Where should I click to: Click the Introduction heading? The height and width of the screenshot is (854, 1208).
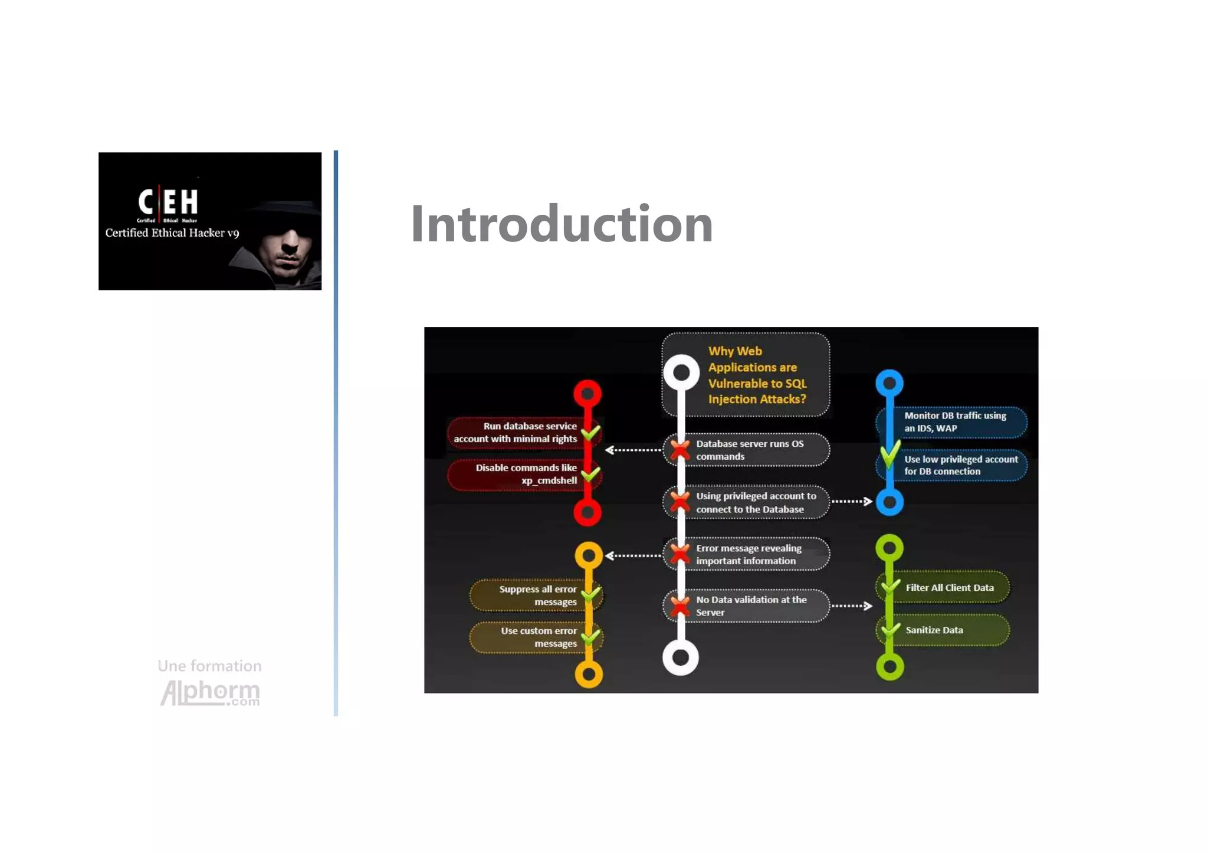(x=562, y=224)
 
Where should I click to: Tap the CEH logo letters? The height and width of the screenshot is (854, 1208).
(x=168, y=202)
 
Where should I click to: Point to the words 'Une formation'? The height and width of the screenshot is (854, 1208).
(x=209, y=666)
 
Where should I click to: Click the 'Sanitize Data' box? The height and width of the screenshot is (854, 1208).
(x=944, y=630)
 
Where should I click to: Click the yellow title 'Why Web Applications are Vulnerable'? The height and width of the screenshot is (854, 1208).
(x=757, y=375)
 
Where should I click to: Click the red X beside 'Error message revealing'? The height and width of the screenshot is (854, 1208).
(x=680, y=554)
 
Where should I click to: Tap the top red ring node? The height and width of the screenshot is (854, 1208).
(x=587, y=393)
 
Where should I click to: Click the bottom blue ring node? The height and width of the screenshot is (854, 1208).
(x=889, y=502)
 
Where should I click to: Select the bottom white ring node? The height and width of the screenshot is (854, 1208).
(x=681, y=657)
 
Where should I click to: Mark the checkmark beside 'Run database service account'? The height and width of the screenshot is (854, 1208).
(x=590, y=433)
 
